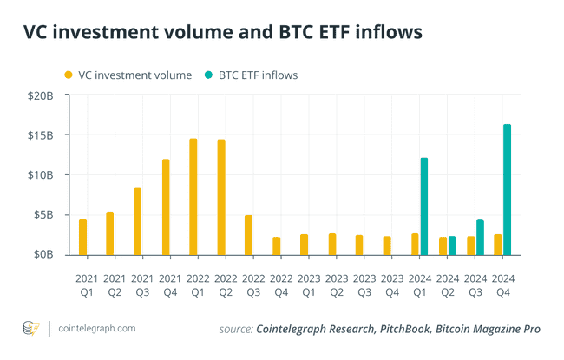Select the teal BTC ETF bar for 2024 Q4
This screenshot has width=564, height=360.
point(508,190)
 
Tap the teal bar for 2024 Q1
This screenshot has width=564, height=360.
point(424,206)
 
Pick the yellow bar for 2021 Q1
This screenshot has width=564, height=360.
point(82,237)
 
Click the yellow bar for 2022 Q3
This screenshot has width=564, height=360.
point(248,235)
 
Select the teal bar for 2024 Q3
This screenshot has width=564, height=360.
point(480,237)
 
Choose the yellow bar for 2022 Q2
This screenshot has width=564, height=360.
point(221,197)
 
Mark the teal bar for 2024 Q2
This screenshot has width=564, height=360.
point(452,245)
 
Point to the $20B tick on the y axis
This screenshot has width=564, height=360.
point(39,96)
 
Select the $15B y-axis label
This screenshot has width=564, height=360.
point(39,135)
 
